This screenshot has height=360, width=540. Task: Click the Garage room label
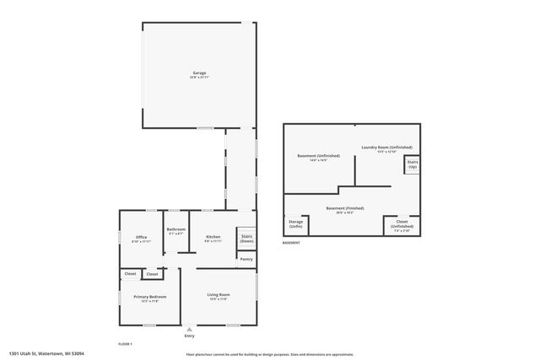(199, 73)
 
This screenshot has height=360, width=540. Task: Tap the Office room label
(142, 237)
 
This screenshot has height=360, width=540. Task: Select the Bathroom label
(175, 229)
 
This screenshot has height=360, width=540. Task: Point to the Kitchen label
(213, 237)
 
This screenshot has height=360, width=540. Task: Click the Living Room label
(219, 294)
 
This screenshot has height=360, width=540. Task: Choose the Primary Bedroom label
(149, 297)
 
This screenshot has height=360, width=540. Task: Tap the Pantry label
(246, 259)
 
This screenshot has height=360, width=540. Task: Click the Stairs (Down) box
(246, 239)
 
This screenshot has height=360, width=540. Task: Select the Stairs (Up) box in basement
(413, 164)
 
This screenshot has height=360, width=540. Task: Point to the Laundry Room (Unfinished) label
(387, 148)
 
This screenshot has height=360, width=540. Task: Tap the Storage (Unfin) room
(295, 224)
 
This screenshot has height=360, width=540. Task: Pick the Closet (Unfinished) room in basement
(402, 224)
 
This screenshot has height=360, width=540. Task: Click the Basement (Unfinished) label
(319, 157)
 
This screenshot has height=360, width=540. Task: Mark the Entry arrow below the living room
(189, 329)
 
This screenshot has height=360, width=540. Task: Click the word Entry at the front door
(189, 336)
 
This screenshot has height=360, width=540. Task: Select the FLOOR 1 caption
(125, 344)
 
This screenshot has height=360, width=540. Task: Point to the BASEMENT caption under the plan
(292, 243)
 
